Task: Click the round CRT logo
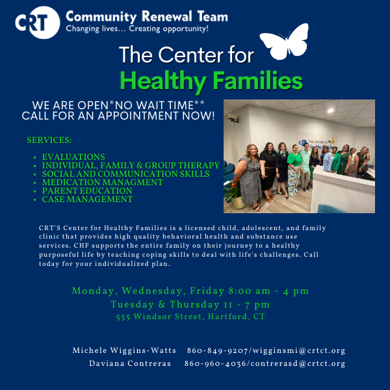37,22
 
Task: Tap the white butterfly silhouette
285,42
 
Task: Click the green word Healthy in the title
163,81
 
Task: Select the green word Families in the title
257,79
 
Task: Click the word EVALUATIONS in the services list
73,157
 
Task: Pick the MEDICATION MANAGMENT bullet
102,182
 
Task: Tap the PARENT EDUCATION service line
87,190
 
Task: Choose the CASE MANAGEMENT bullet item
87,200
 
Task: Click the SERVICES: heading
49,140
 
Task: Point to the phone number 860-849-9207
217,350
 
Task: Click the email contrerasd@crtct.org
298,363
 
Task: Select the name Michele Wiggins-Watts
124,350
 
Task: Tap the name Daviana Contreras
130,363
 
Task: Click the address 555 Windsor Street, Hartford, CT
190,317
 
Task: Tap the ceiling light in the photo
331,110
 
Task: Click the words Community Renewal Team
147,17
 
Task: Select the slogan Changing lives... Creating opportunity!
137,29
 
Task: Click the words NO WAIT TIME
154,105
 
